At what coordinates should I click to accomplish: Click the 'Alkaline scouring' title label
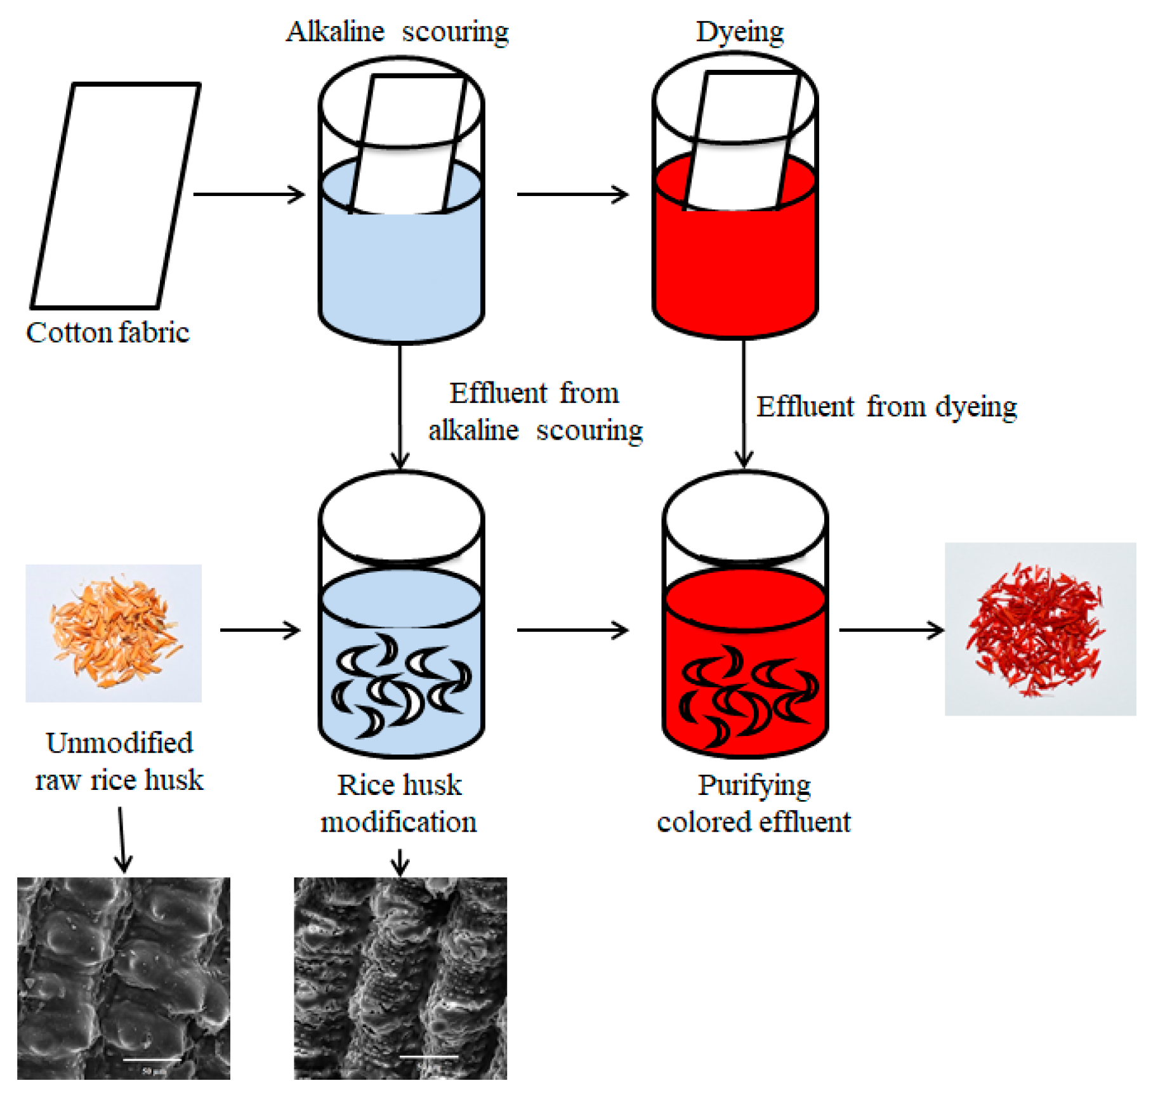coord(397,32)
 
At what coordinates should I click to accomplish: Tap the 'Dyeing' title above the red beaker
coord(739,32)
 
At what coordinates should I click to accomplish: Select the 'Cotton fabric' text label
coord(108,332)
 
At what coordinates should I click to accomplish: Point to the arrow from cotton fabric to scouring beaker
coord(249,194)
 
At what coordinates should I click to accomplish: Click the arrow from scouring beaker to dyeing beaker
coord(572,194)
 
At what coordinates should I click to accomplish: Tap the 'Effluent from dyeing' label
coord(886,407)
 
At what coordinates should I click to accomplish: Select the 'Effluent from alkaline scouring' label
coord(535,412)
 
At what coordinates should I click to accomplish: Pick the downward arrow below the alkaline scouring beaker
coord(400,406)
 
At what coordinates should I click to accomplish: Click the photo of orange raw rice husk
coord(114,633)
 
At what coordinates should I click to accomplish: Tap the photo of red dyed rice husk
coord(1039,629)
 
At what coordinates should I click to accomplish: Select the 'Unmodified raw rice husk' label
coord(119,761)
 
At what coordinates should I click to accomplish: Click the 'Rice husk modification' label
coord(398,803)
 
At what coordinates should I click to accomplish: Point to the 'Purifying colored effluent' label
coord(753,803)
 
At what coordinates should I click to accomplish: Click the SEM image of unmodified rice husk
coord(123,977)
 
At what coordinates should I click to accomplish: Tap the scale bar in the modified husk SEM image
coord(429,1056)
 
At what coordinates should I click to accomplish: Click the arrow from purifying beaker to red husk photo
coord(891,630)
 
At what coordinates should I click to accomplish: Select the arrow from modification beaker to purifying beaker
coord(572,630)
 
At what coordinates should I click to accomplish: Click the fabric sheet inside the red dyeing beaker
coord(741,140)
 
